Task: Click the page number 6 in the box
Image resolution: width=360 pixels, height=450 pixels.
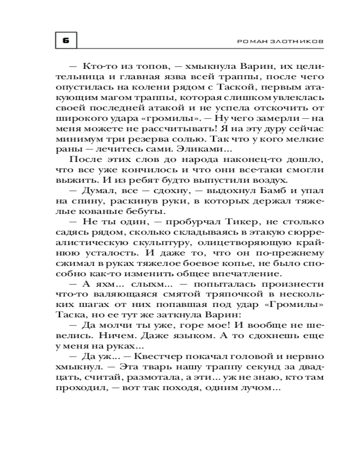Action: pos(66,40)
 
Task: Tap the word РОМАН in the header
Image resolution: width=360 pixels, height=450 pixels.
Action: pos(250,41)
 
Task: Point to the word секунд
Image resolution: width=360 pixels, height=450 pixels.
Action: pos(252,370)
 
